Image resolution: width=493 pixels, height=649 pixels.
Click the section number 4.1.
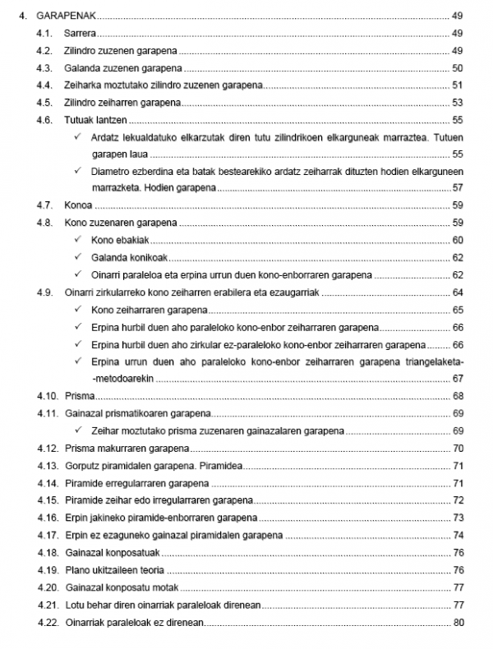coord(44,33)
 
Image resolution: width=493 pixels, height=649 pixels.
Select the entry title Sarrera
coord(80,33)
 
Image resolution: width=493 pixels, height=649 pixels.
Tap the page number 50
coord(458,68)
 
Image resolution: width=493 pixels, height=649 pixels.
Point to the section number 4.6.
coord(44,120)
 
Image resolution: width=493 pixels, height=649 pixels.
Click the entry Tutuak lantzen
coord(90,120)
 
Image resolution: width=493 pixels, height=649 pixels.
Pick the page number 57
coord(458,187)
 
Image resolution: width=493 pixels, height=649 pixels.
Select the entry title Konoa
coord(78,205)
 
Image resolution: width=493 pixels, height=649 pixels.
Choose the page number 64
coord(458,292)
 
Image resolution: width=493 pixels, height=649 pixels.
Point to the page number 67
coord(458,378)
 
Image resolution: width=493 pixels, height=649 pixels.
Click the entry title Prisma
coord(79,396)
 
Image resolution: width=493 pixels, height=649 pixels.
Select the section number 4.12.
coord(46,449)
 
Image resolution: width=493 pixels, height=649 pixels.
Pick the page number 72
coord(458,500)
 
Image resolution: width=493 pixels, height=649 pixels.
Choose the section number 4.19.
coord(46,569)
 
